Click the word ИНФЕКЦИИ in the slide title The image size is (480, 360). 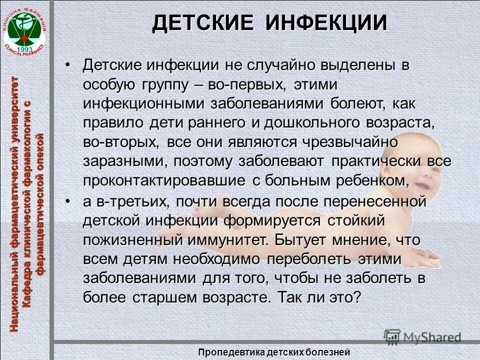(326, 23)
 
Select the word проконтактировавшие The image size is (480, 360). (164, 180)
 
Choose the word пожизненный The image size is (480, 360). (133, 240)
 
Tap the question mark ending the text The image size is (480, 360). (356, 297)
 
